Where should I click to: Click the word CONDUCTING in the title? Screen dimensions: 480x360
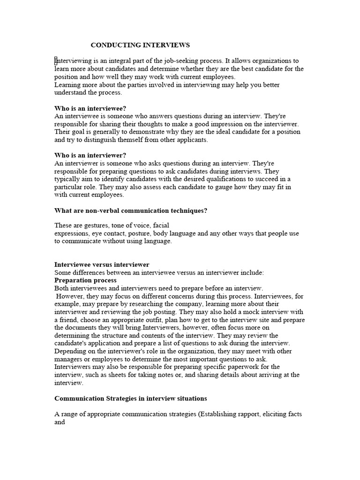click(x=112, y=45)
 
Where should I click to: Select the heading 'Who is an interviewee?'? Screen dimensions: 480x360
click(x=90, y=108)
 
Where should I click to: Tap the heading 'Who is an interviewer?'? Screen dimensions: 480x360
click(x=90, y=156)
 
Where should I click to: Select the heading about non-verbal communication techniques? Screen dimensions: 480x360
click(x=131, y=211)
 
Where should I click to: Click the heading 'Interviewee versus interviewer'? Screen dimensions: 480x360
click(x=102, y=265)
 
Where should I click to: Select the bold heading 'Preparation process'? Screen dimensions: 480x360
click(x=85, y=280)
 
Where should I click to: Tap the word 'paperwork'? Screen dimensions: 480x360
click(x=254, y=367)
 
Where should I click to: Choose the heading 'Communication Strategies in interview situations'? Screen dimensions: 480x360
click(x=131, y=398)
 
